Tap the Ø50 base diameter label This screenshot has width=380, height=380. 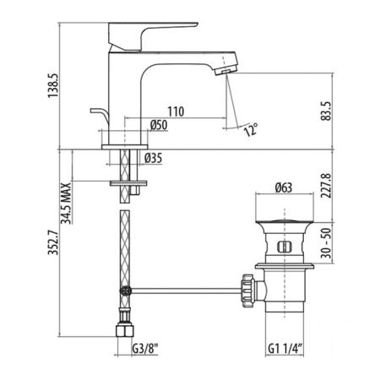click(157, 126)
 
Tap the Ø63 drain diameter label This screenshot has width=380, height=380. click(284, 187)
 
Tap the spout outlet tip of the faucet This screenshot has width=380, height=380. click(226, 70)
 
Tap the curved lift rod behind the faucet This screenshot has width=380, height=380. click(98, 117)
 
